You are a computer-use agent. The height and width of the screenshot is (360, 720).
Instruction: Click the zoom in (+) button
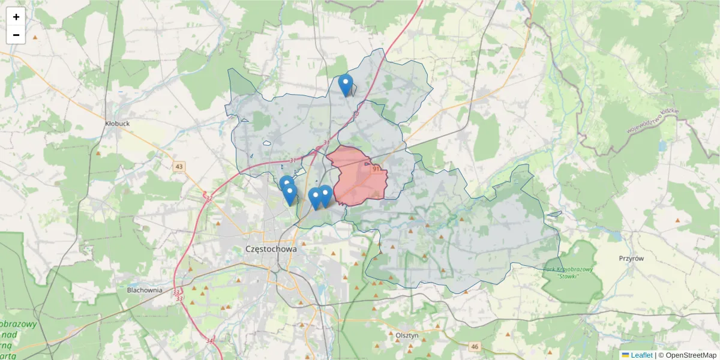pyautogui.click(x=16, y=17)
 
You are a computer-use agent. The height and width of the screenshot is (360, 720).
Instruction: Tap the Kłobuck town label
pyautogui.click(x=117, y=124)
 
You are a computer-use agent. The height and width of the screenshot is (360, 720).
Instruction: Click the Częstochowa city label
pyautogui.click(x=271, y=248)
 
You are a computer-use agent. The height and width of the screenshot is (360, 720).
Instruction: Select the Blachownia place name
pyautogui.click(x=145, y=290)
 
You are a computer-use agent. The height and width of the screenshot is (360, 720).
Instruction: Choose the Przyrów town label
pyautogui.click(x=631, y=258)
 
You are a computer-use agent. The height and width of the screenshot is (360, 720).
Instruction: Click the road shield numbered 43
pyautogui.click(x=179, y=166)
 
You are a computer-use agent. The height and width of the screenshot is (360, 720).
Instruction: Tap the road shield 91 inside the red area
pyautogui.click(x=376, y=170)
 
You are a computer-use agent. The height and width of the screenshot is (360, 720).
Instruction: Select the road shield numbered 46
pyautogui.click(x=475, y=347)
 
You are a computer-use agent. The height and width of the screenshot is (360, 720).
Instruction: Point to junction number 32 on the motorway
pyautogui.click(x=209, y=198)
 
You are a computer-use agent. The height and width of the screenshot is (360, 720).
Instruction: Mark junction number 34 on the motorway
pyautogui.click(x=209, y=340)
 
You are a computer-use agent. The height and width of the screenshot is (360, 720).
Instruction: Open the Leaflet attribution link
pyautogui.click(x=641, y=355)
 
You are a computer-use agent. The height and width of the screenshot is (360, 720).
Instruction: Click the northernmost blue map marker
pyautogui.click(x=345, y=85)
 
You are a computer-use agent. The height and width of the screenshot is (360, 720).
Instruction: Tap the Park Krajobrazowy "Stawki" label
pyautogui.click(x=568, y=272)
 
